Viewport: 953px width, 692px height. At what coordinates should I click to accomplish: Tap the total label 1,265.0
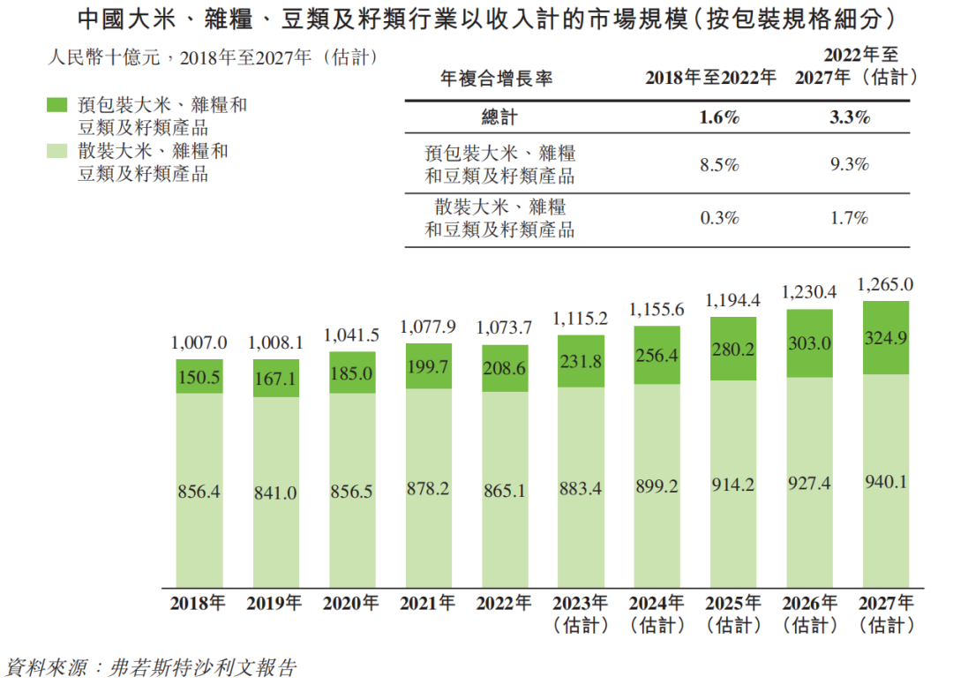[885, 285]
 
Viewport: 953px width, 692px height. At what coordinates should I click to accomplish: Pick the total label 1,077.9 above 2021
[428, 327]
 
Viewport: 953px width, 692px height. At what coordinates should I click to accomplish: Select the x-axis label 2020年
[351, 605]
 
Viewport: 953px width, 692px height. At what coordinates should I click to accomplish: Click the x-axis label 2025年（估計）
[732, 614]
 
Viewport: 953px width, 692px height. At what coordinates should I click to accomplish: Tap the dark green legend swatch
[56, 105]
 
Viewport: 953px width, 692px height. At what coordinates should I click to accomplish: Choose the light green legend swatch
[56, 152]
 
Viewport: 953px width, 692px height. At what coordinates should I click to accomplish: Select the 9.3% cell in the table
[850, 164]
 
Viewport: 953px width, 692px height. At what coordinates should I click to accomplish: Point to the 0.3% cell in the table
[719, 218]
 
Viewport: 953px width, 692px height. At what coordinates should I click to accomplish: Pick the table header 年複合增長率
[497, 79]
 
